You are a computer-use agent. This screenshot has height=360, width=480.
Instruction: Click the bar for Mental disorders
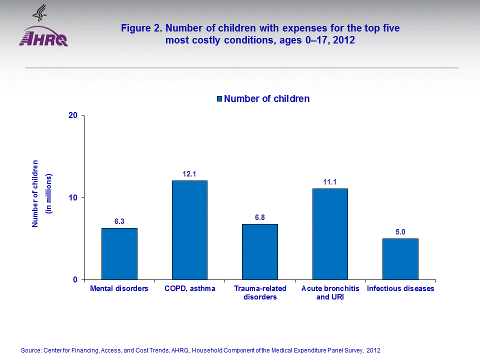(119, 253)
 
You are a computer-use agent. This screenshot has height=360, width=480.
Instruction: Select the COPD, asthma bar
(189, 230)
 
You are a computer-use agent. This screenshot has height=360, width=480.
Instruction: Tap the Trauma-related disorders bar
(259, 251)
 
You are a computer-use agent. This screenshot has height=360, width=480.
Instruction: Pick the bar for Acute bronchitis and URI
(330, 234)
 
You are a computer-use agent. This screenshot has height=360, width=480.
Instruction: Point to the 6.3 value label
(119, 221)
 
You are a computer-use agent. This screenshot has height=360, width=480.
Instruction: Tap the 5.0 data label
(400, 232)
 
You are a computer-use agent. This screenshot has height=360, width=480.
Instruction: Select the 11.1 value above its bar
(330, 182)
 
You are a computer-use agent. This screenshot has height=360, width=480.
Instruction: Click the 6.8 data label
(259, 217)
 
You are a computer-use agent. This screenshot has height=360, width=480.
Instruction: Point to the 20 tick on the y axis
(72, 115)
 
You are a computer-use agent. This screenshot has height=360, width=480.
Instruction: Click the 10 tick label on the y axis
(72, 197)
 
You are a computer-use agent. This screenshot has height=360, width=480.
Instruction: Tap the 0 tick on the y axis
(75, 279)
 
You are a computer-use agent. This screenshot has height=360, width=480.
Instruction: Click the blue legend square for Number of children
(219, 99)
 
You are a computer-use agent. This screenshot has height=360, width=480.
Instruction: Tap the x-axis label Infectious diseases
(400, 289)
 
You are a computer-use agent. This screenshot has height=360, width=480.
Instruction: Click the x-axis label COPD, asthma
(189, 289)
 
